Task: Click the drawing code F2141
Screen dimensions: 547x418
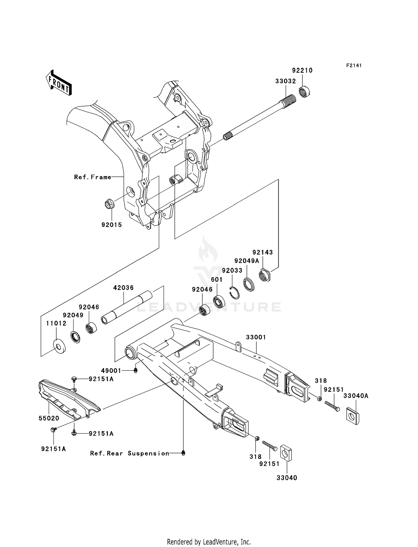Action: (354, 66)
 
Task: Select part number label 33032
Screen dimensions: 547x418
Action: (285, 81)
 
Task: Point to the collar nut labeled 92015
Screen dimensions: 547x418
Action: (109, 204)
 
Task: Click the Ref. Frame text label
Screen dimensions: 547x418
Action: (93, 177)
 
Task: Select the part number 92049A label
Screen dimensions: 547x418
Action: (246, 261)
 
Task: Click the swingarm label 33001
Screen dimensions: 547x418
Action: (256, 337)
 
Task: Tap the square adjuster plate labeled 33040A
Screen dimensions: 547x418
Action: (353, 417)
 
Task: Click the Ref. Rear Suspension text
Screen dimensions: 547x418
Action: (130, 453)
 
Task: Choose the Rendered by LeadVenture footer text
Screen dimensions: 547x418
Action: (209, 542)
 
